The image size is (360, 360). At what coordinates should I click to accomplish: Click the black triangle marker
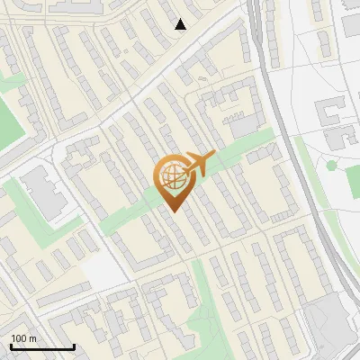(181, 24)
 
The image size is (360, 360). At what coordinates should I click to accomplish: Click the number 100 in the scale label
(20, 338)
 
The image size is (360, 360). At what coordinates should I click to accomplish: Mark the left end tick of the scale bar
(10, 346)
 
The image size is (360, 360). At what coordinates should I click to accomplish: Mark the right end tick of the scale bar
(74, 346)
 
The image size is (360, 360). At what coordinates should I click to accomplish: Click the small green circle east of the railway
(331, 165)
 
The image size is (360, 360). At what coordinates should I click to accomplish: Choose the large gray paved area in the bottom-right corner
(328, 324)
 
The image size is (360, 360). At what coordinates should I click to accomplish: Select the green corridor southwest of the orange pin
(126, 216)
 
